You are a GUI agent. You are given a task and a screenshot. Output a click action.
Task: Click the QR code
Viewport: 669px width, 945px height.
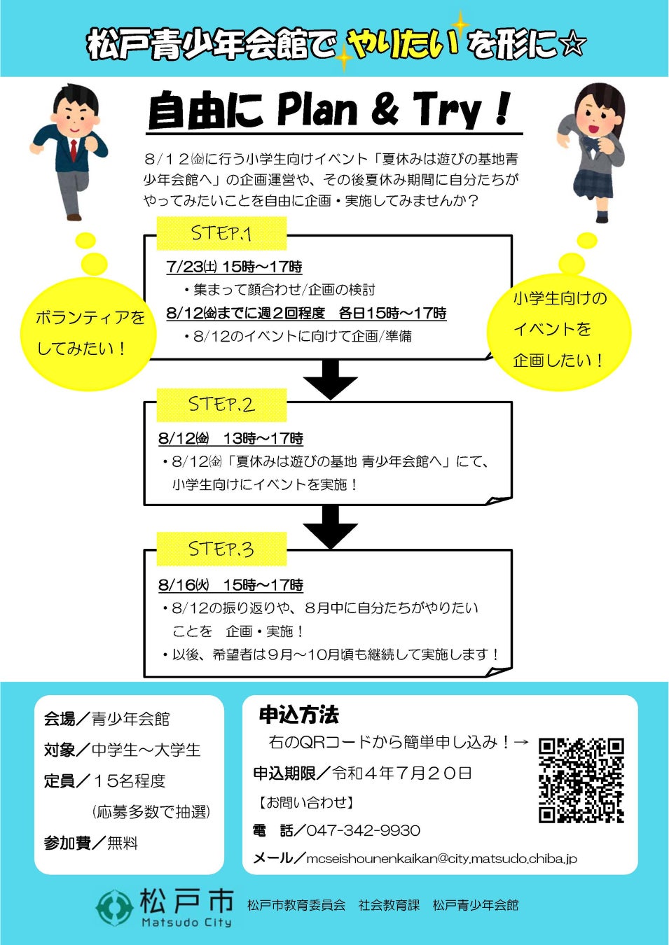click(x=581, y=780)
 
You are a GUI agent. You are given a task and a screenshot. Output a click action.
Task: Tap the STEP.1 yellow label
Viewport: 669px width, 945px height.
click(x=221, y=233)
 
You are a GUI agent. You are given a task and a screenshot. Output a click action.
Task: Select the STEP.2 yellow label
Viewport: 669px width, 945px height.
click(x=221, y=405)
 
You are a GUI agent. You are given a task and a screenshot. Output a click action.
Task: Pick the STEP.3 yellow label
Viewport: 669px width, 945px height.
click(x=221, y=549)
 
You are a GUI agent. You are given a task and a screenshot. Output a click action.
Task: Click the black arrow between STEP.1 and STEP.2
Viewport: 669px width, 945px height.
click(x=331, y=379)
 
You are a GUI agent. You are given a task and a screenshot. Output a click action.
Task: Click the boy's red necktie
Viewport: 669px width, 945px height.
click(x=74, y=149)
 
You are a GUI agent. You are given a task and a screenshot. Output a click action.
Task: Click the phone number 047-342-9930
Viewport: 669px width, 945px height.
click(x=363, y=831)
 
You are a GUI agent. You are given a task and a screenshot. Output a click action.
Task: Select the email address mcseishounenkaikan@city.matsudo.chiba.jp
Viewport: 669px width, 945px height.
click(x=441, y=858)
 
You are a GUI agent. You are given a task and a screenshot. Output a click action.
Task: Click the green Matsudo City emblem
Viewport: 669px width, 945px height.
click(x=114, y=908)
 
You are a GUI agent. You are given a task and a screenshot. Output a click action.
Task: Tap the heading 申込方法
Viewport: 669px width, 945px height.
click(x=298, y=715)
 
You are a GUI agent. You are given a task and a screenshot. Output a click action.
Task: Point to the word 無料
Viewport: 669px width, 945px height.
click(x=123, y=843)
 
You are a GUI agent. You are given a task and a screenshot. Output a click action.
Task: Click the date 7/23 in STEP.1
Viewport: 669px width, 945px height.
click(x=183, y=267)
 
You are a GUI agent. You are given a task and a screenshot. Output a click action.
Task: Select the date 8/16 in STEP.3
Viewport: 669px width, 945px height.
click(x=177, y=585)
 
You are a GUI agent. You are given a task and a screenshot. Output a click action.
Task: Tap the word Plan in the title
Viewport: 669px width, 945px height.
click(x=317, y=110)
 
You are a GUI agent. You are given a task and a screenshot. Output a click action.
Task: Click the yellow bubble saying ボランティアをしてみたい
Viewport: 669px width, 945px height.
click(x=88, y=333)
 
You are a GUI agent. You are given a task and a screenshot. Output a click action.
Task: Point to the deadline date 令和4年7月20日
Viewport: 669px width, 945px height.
click(x=402, y=773)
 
